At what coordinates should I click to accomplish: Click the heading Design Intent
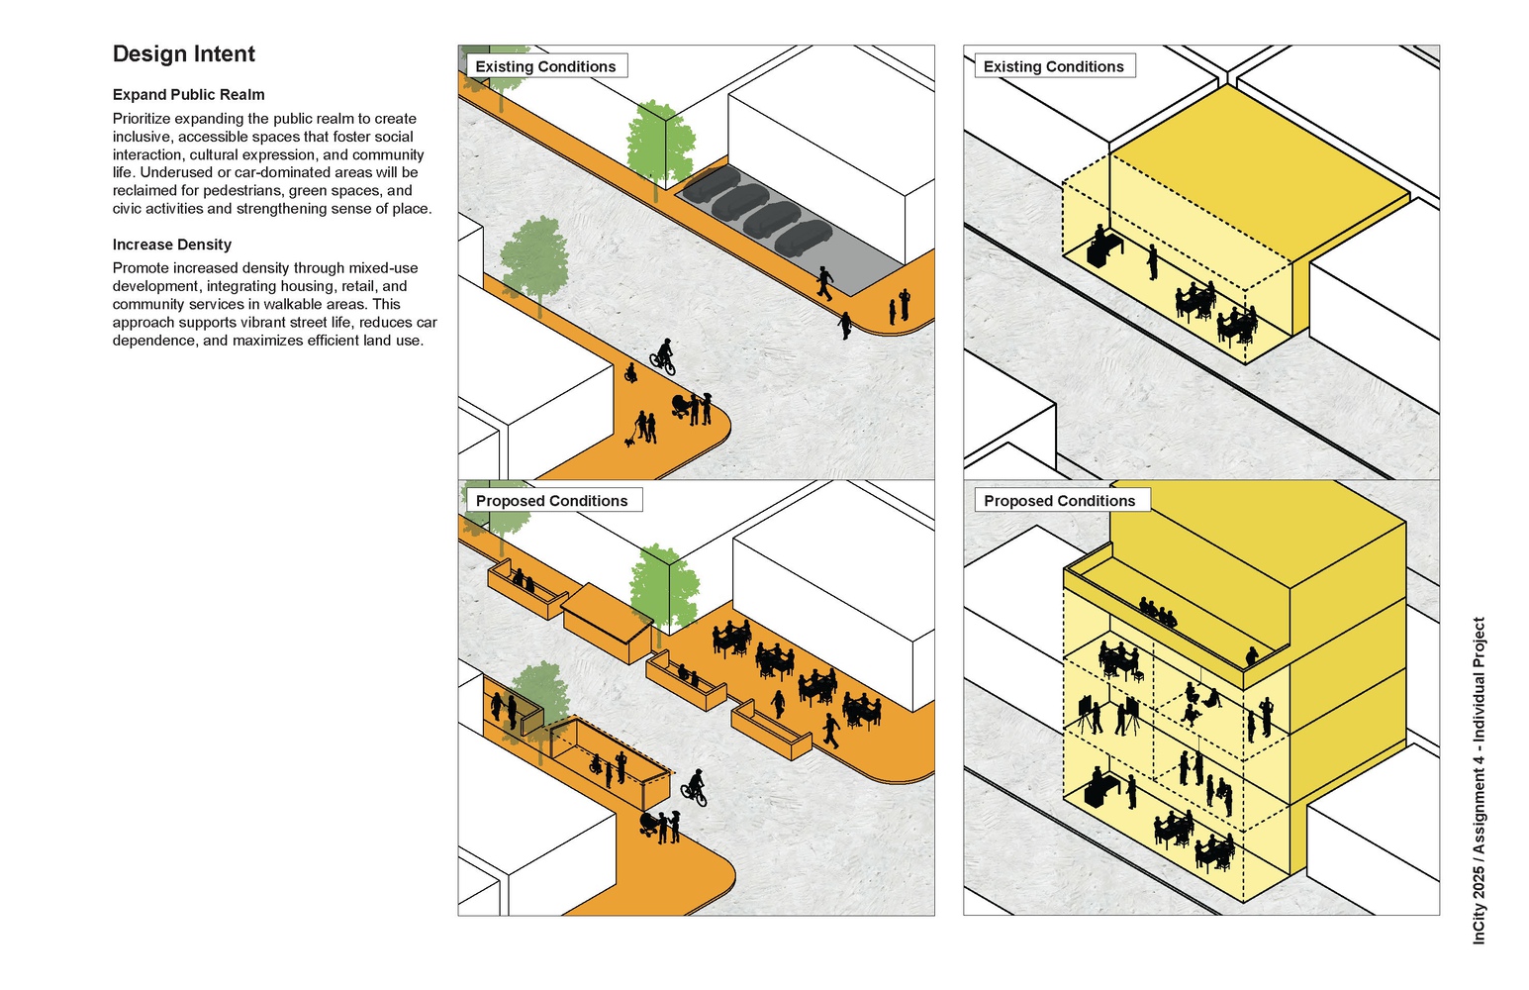tap(184, 54)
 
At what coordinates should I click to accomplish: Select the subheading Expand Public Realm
tap(189, 95)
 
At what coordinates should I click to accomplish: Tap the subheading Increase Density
tap(172, 245)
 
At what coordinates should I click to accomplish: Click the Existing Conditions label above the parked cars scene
tap(545, 66)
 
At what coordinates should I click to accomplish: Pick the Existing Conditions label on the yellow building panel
tap(1053, 66)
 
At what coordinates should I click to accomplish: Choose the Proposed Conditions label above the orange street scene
tap(551, 501)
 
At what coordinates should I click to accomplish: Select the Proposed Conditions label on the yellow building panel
tap(1059, 501)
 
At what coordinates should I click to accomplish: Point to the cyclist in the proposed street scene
tap(695, 788)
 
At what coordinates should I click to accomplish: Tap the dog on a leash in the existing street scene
tap(629, 442)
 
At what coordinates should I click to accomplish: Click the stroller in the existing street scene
tap(682, 405)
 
